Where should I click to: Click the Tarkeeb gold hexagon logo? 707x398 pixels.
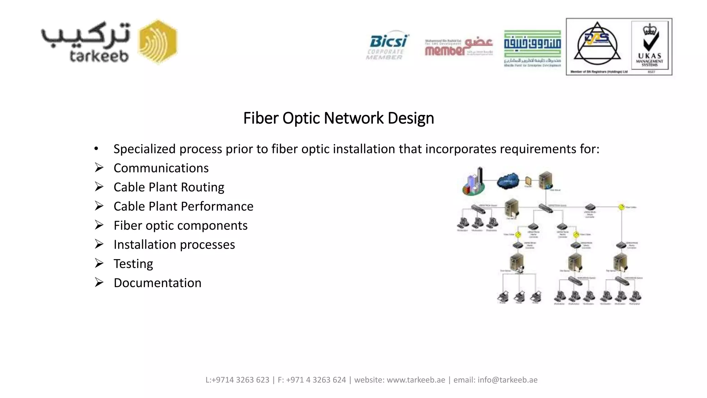click(158, 42)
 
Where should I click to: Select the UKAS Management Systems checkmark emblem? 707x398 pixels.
click(650, 46)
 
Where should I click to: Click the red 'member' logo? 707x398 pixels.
click(458, 48)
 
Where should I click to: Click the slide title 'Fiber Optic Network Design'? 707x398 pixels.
click(338, 118)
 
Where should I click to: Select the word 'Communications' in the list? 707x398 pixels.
click(161, 168)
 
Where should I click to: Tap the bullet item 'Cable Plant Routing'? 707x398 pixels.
click(169, 187)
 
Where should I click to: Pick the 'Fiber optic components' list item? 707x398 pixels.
click(181, 226)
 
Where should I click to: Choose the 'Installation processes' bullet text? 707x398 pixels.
click(174, 245)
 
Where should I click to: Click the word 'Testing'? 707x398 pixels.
click(133, 264)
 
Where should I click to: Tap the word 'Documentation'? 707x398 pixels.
click(157, 283)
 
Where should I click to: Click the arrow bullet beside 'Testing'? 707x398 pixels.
click(99, 264)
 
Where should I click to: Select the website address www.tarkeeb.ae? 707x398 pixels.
click(416, 380)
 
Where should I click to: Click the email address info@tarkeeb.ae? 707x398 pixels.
click(507, 380)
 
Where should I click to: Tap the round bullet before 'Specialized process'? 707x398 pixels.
click(96, 149)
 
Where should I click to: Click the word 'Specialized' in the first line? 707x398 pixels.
click(145, 149)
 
